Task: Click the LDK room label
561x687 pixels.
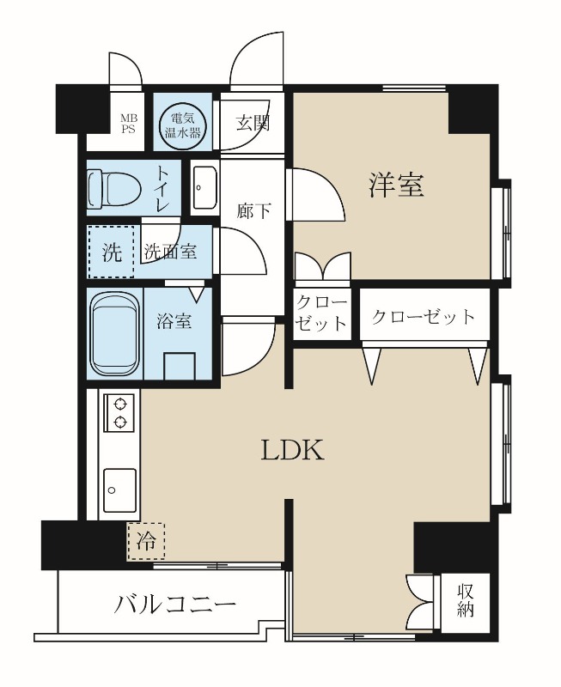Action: [x=292, y=450]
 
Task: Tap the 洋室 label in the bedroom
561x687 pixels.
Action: [x=396, y=185]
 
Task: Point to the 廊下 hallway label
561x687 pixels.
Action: [x=253, y=211]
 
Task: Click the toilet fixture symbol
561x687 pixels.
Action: [x=114, y=190]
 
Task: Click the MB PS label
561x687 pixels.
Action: [x=129, y=123]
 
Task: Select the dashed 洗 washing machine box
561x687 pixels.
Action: [x=111, y=252]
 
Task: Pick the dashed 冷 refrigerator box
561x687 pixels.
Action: [x=146, y=542]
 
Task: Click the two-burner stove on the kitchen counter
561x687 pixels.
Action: [x=119, y=412]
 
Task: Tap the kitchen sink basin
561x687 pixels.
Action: [x=119, y=489]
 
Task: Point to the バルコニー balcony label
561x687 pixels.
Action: [x=175, y=605]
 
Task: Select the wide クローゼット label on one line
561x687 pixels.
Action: [x=424, y=317]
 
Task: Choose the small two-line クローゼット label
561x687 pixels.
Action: [x=321, y=313]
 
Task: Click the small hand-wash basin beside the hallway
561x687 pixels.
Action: [x=204, y=188]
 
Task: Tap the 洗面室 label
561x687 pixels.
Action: [x=170, y=252]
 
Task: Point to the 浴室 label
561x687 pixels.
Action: [x=174, y=321]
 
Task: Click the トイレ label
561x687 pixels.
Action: [x=162, y=189]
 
